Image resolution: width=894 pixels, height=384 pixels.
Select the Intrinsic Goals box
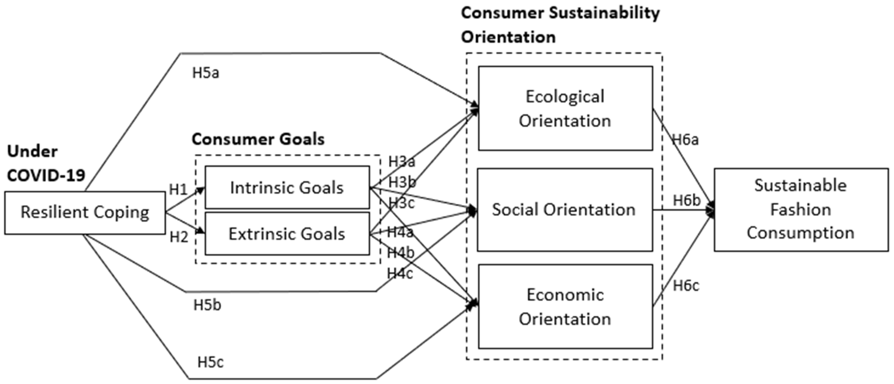coord(287,188)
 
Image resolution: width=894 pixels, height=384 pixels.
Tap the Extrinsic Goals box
coord(287,234)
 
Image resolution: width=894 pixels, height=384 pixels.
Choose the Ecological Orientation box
coord(565,108)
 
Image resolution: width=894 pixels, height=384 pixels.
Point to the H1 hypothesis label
coord(178,190)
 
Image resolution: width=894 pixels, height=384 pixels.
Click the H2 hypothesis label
coord(179,237)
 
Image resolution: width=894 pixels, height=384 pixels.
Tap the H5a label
coord(206,73)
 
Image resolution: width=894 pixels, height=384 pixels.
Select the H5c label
coord(210,362)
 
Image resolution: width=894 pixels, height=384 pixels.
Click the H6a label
coord(685,140)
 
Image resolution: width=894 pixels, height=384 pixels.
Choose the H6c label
coord(686,286)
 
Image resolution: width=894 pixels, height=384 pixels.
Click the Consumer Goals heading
coord(258,139)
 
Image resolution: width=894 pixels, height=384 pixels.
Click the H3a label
coord(402,162)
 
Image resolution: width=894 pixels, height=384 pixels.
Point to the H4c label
coord(400,274)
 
